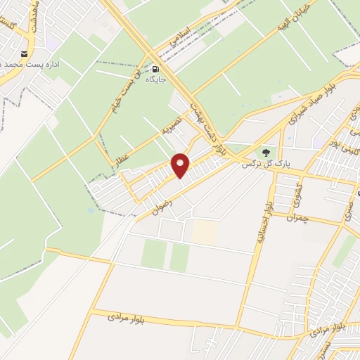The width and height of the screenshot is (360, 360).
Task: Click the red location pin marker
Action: [181, 165]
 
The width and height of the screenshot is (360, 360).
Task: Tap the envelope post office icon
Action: [25, 54]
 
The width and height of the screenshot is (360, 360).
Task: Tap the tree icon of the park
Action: [266, 153]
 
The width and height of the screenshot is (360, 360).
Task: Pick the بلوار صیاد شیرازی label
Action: [307, 112]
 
